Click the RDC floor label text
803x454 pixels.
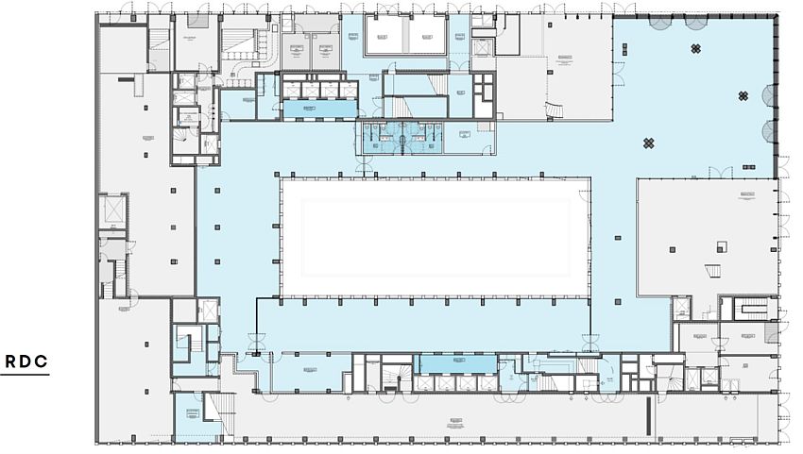(27, 362)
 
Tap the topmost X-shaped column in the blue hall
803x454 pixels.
(696, 49)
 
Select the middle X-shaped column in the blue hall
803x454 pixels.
(744, 95)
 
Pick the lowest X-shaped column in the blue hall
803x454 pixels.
(649, 143)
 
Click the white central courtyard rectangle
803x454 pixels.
(430, 236)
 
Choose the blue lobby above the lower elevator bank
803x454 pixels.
(456, 363)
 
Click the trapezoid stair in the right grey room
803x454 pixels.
(714, 272)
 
